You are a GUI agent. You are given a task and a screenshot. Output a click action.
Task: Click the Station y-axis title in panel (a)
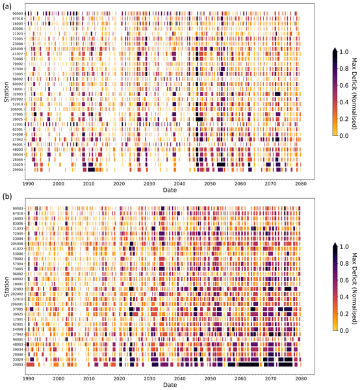[5, 92]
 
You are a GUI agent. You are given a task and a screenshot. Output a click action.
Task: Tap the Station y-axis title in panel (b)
[5, 287]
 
